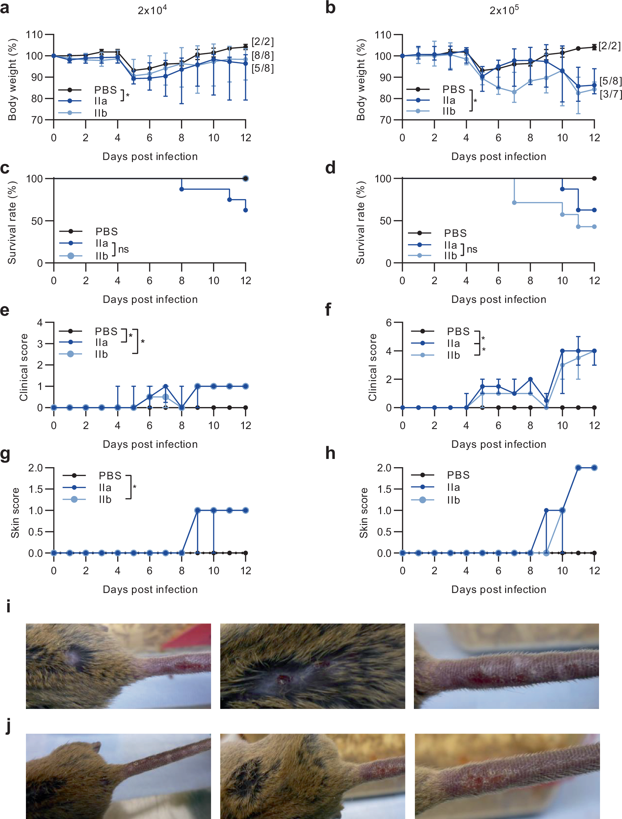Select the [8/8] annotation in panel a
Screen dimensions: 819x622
(x=263, y=56)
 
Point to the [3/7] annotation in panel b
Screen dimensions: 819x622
(x=610, y=94)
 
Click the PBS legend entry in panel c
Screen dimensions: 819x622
(x=107, y=232)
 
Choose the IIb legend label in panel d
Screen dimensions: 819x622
(x=451, y=256)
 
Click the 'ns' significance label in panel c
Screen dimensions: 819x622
(x=123, y=249)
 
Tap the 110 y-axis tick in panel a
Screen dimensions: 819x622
(x=34, y=35)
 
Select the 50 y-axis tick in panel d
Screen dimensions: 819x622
(x=385, y=221)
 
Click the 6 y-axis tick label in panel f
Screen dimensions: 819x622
(x=388, y=322)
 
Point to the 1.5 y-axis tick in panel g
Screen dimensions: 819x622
(x=35, y=489)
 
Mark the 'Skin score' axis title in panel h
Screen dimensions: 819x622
(x=364, y=513)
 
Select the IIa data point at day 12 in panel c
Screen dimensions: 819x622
(x=246, y=210)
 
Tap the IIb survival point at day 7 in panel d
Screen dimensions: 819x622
(x=514, y=203)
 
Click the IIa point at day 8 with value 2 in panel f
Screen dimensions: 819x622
(x=530, y=379)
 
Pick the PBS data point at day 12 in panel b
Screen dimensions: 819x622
(x=594, y=47)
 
